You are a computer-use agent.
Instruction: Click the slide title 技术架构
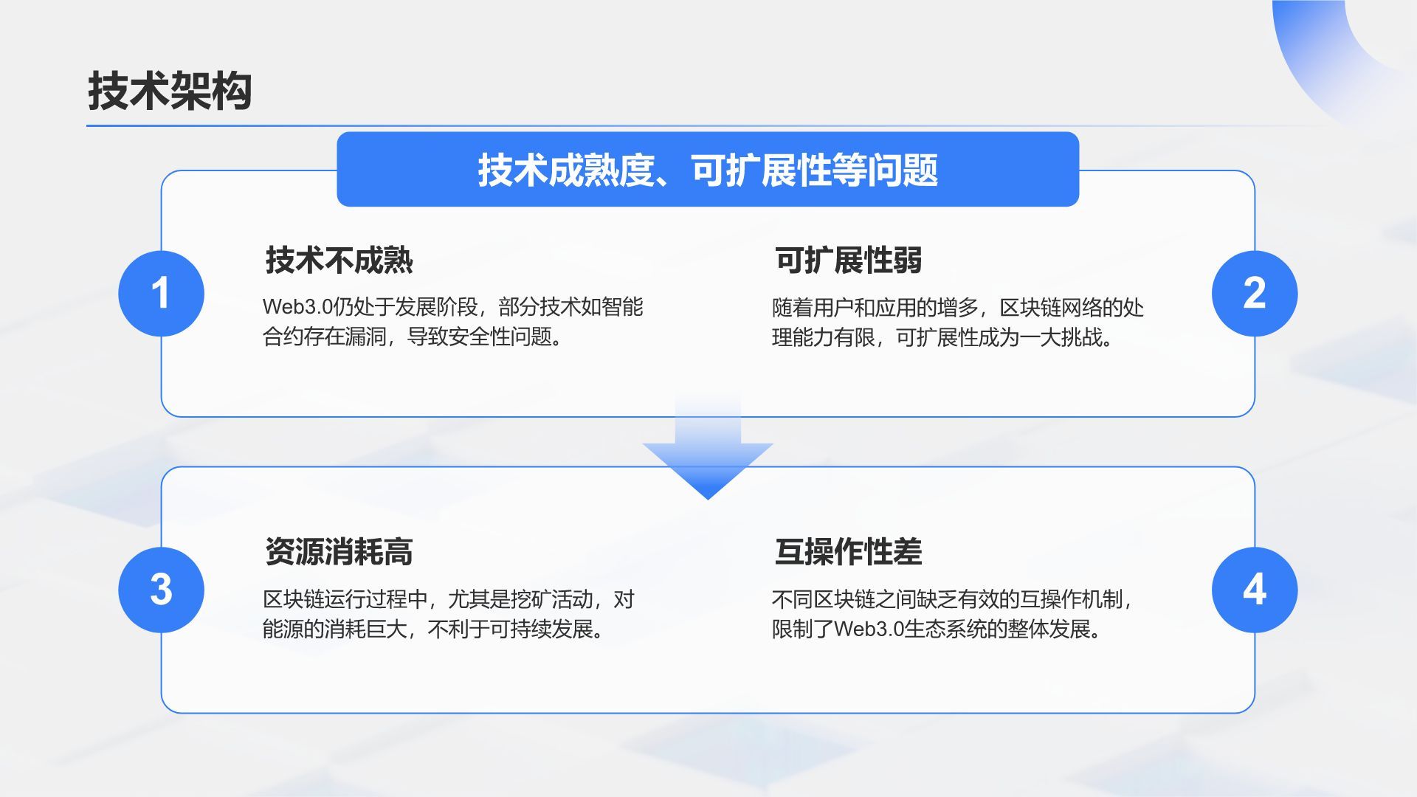point(170,92)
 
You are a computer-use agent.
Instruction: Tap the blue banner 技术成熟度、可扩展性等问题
point(708,170)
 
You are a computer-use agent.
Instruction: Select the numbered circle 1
point(161,294)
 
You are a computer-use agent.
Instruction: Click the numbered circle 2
point(1254,294)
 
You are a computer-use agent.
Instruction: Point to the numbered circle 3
point(161,590)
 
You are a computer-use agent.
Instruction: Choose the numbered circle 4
point(1254,590)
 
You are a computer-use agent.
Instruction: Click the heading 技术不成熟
point(339,260)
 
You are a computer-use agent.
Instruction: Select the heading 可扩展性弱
point(848,260)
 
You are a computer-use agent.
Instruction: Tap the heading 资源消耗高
point(339,551)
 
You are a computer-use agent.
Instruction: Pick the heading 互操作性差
point(848,551)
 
